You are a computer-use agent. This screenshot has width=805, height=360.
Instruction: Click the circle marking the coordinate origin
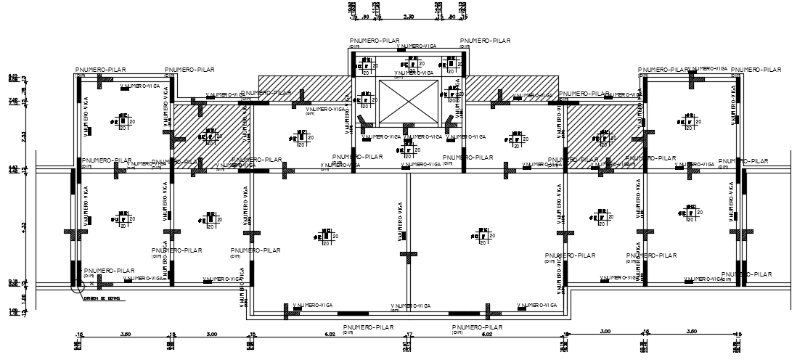(75, 287)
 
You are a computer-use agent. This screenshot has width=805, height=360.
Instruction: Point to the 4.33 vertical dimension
(23, 226)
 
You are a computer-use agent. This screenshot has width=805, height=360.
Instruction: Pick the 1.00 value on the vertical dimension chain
(23, 296)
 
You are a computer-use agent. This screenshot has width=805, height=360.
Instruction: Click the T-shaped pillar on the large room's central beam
(409, 255)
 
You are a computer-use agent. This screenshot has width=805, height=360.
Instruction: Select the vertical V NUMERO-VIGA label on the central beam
(400, 222)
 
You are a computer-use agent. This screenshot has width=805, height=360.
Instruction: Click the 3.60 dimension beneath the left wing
(125, 335)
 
